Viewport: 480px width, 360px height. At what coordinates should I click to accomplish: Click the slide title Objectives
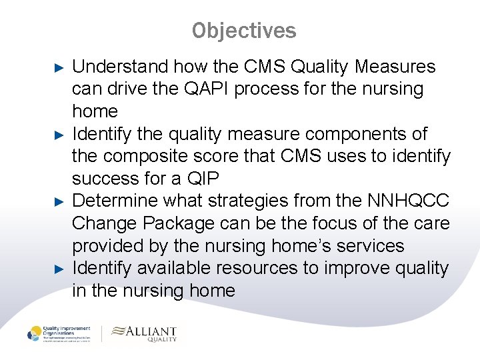[244, 31]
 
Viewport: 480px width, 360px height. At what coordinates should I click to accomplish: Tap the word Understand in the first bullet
[120, 67]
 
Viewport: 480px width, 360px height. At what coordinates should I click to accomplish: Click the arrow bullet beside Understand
[58, 67]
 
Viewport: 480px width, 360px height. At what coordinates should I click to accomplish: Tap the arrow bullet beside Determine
[58, 201]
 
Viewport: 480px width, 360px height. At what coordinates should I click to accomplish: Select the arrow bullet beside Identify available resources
[58, 269]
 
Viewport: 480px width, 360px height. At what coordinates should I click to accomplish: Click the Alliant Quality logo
[145, 333]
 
